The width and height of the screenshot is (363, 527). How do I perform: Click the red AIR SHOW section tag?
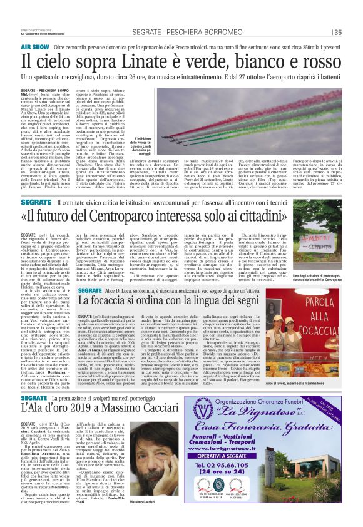[35, 47]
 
